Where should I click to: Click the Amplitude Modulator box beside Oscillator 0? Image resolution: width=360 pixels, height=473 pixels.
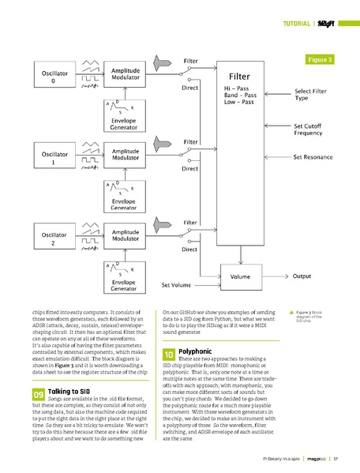click(x=126, y=74)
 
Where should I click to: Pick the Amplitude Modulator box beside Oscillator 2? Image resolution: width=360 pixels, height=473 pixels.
click(x=126, y=235)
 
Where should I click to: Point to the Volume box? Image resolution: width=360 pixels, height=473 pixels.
click(x=241, y=277)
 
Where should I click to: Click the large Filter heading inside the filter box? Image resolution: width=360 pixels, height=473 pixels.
click(x=239, y=76)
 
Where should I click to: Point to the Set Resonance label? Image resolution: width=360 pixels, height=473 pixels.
click(x=314, y=157)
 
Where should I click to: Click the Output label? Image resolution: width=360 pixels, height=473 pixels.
click(x=302, y=276)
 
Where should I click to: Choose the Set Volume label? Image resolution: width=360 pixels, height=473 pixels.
click(x=178, y=284)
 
